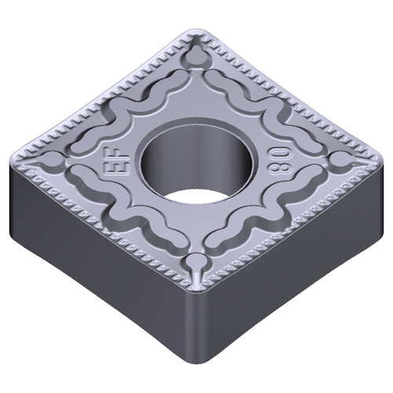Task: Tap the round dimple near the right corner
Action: [340, 160]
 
